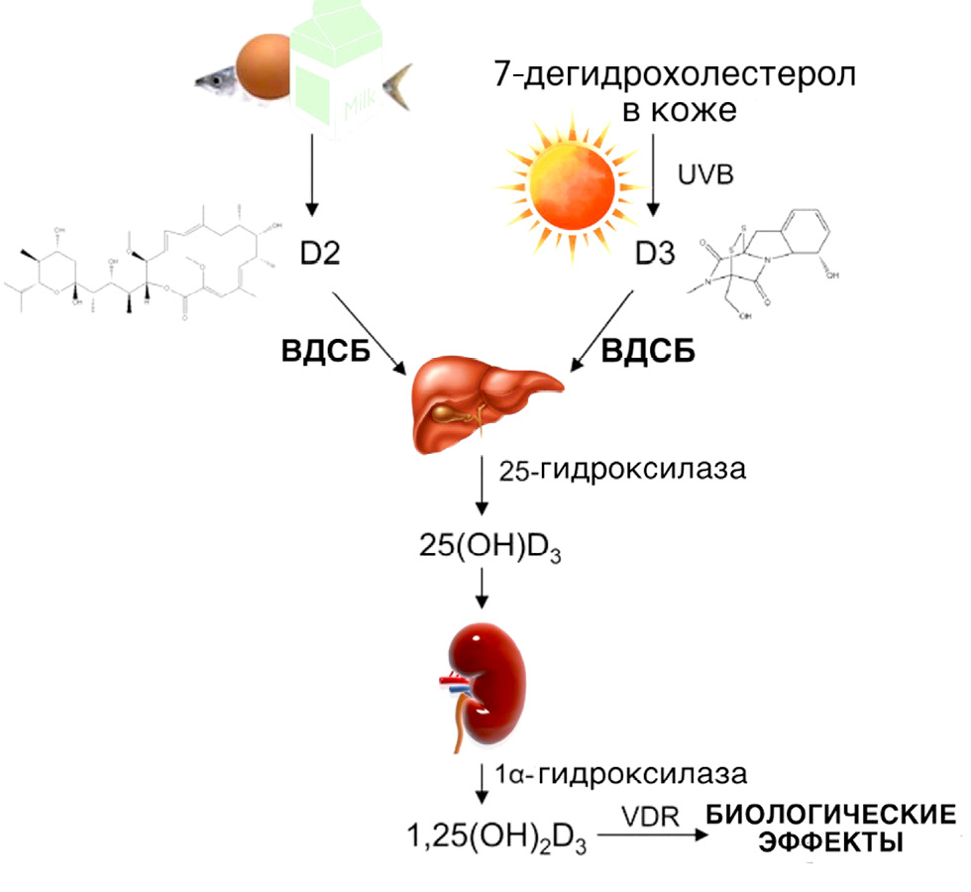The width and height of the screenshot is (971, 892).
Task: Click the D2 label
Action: point(319,256)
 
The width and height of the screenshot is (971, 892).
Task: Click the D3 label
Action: point(654,256)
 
